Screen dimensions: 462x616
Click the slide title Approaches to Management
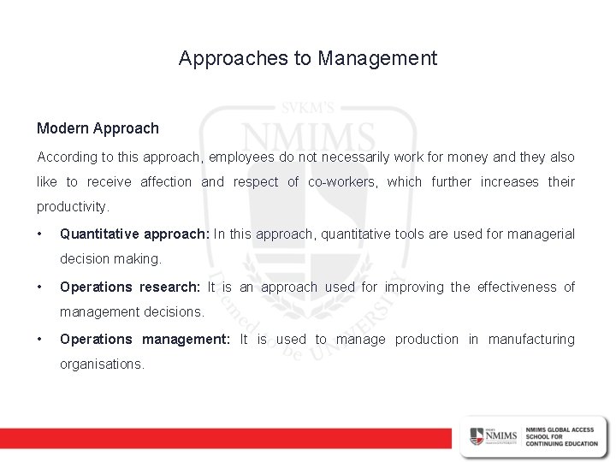(308, 59)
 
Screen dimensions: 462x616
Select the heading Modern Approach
(98, 128)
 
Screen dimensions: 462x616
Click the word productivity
(73, 207)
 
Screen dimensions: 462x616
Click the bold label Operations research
(130, 287)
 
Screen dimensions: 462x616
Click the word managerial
(542, 234)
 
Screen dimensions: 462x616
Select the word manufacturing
(531, 340)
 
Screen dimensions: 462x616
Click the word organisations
(102, 364)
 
